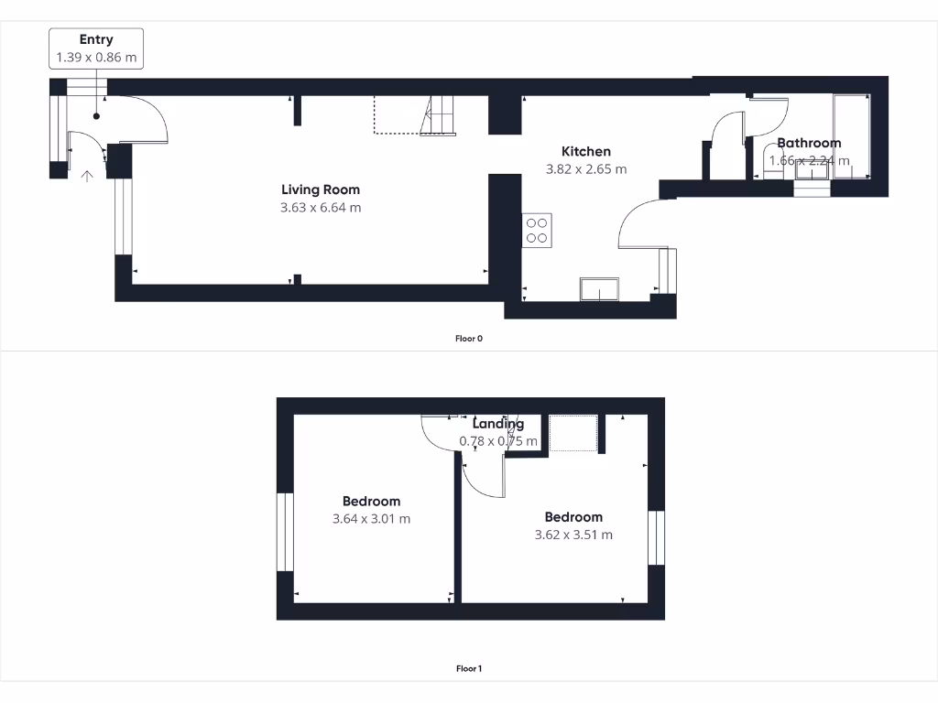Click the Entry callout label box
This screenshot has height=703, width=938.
click(x=96, y=48)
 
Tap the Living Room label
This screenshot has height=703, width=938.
click(x=321, y=189)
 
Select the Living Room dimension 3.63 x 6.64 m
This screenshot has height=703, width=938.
click(x=321, y=208)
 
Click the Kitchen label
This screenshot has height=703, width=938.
click(x=586, y=151)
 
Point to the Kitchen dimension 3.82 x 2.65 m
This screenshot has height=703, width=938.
click(x=586, y=169)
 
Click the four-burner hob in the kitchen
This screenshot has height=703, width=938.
click(x=537, y=230)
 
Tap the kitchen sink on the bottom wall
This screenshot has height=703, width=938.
click(x=598, y=289)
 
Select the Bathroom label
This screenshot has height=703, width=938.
click(x=809, y=143)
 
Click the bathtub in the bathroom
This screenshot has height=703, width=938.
click(x=852, y=137)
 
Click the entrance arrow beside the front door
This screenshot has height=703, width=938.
click(x=87, y=177)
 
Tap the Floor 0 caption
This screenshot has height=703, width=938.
click(x=468, y=339)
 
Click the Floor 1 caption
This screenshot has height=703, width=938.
click(x=468, y=669)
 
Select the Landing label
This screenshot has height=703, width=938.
click(x=497, y=424)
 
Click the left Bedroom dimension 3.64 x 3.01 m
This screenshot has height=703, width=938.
click(x=371, y=519)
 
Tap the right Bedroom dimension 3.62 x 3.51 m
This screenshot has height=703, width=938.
click(x=573, y=535)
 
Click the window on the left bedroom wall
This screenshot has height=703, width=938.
click(x=285, y=533)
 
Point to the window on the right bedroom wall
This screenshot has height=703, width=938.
click(x=656, y=537)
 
